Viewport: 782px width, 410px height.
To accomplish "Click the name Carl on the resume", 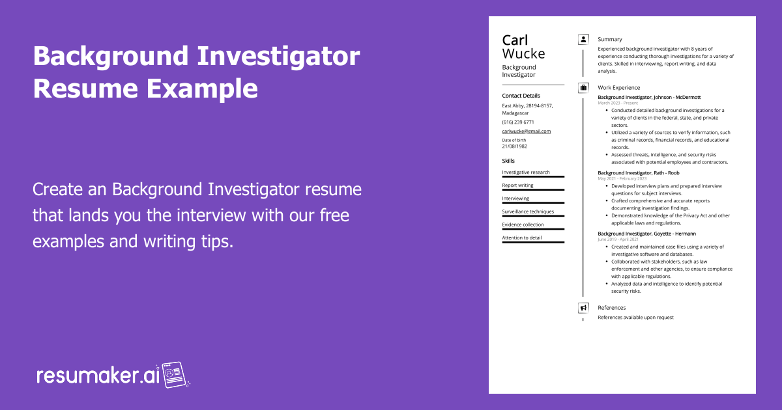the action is [x=515, y=40].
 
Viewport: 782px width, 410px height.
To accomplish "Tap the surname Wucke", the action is [x=523, y=53].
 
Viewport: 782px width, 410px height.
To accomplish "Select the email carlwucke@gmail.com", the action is [x=527, y=131].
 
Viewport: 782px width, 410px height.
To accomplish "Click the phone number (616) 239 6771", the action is [x=518, y=122].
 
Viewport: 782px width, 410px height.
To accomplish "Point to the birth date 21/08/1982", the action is [x=515, y=146].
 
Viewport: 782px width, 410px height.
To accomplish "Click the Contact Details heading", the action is [x=521, y=96].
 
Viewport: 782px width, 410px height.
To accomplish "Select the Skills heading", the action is [x=508, y=161].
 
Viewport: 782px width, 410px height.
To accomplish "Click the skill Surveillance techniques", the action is [x=528, y=212].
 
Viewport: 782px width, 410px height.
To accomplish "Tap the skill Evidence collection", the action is [x=523, y=225].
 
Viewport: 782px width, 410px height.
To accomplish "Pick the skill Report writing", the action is [x=517, y=185].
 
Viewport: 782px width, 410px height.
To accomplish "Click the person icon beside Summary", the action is [x=583, y=40].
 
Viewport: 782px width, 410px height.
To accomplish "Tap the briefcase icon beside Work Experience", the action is [x=583, y=87].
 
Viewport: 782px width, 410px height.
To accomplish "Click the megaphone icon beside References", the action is [x=583, y=308].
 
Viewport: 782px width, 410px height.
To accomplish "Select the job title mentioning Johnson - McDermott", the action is [x=649, y=97].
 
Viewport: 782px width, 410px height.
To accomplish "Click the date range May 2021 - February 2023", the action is [x=622, y=178].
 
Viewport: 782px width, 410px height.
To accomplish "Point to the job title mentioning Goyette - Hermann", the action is [x=646, y=234].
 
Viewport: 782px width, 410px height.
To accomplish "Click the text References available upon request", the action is [x=636, y=318].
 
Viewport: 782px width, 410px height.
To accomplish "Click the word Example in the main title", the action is [x=202, y=89].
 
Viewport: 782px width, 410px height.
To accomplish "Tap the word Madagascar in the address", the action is [x=515, y=113].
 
